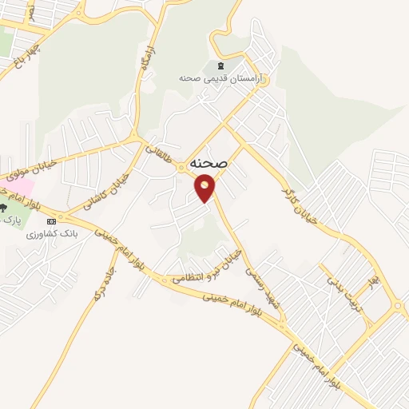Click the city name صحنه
(x=210, y=162)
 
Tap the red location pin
(x=205, y=189)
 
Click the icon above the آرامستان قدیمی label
(x=220, y=65)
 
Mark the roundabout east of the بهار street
(x=397, y=305)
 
